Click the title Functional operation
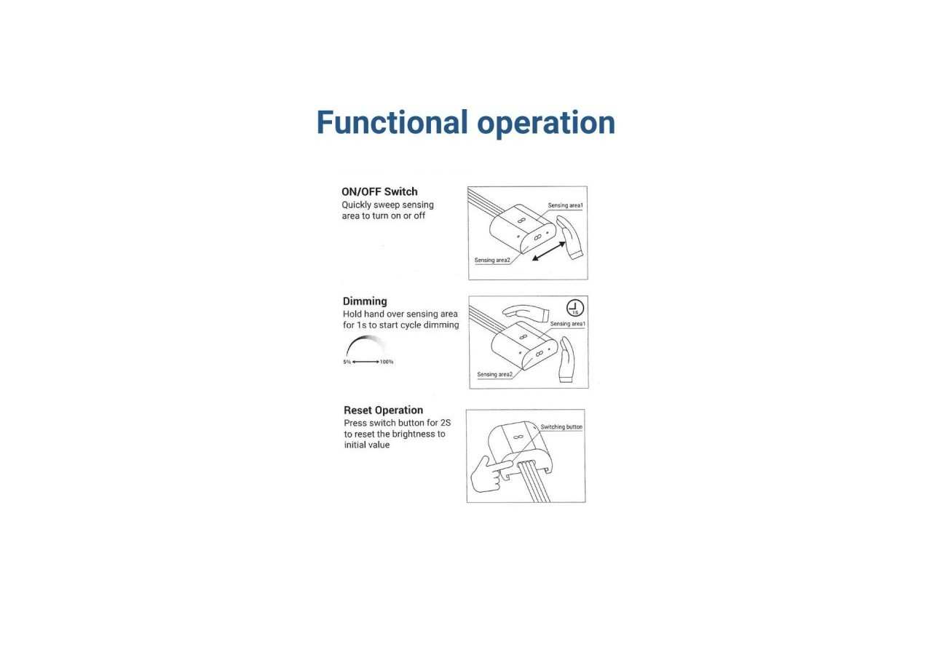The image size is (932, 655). coord(465,123)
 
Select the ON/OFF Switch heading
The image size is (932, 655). coord(379,191)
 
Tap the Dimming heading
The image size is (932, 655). coord(365,301)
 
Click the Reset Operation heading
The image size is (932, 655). coord(383,410)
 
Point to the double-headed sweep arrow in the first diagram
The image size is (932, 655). coord(549,251)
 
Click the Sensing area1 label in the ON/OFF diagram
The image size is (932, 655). coord(566,205)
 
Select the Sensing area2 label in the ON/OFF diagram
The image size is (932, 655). coord(492,261)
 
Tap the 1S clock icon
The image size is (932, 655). coord(575,308)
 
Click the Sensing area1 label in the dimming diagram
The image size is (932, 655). coord(567,324)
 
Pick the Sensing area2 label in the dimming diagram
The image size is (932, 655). coord(494,374)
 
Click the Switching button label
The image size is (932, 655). coord(561,427)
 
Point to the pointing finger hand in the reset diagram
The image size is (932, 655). coord(488,474)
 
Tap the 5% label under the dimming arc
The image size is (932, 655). coord(347,362)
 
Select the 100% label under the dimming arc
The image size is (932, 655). coord(387,362)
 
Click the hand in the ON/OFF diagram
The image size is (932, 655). coord(570,237)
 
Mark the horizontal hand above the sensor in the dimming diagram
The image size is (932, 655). coord(526,313)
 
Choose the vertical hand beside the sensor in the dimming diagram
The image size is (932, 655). coord(566,360)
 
